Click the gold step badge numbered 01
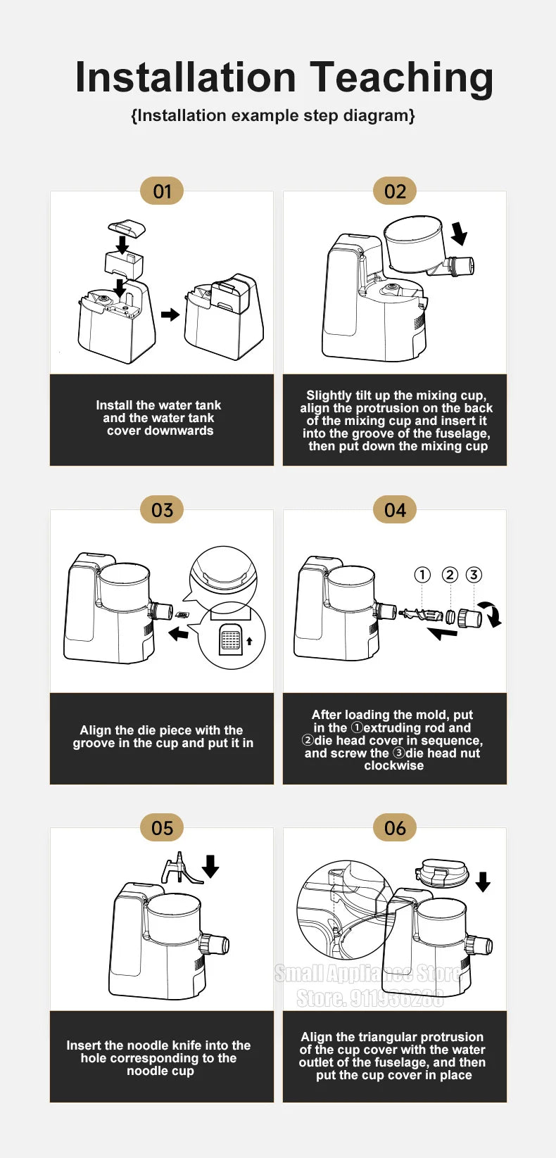(162, 191)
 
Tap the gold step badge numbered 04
(395, 510)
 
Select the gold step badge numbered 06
(395, 827)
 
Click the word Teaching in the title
(401, 78)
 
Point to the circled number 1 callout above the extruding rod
(422, 574)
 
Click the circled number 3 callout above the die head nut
(474, 574)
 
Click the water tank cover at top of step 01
(127, 227)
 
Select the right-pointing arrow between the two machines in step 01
(170, 314)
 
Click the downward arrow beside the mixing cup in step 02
(459, 233)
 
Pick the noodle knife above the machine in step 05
(181, 868)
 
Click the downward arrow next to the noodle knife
(210, 866)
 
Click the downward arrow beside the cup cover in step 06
(483, 882)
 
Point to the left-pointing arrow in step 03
(179, 632)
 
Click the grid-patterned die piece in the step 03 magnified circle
(231, 639)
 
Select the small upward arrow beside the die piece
(249, 641)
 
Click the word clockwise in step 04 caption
(393, 765)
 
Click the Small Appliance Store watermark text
(368, 974)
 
